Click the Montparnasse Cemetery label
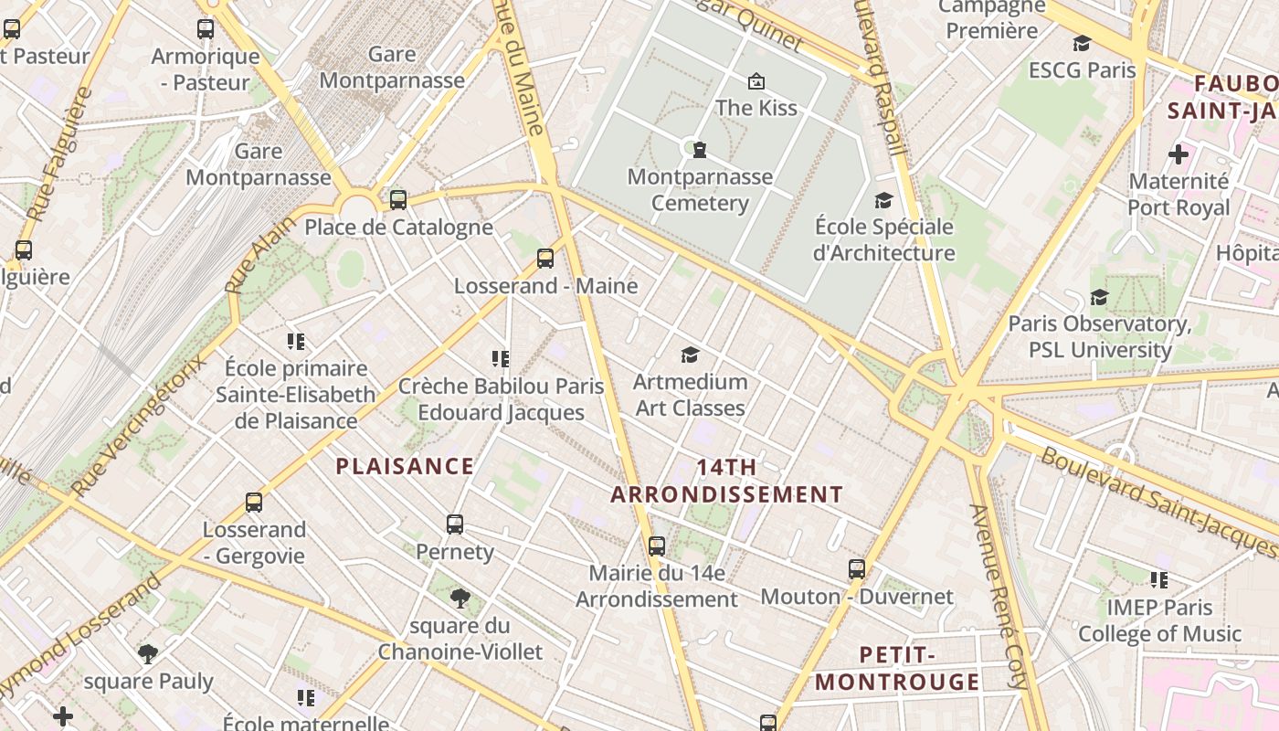(x=701, y=189)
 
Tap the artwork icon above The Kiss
(x=756, y=81)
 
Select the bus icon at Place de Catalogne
(x=398, y=199)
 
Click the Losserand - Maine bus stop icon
(x=545, y=259)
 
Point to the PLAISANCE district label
(x=405, y=466)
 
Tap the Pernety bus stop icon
(x=455, y=524)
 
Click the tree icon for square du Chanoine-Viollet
(x=460, y=599)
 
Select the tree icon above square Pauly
(x=147, y=653)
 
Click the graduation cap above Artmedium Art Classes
(x=690, y=355)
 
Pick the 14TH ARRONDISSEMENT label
(x=727, y=481)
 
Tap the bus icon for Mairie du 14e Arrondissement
(x=656, y=546)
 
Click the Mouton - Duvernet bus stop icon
(x=856, y=569)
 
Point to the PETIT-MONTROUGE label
(x=897, y=668)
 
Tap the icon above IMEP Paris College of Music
(x=1159, y=579)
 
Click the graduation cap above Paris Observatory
(x=1099, y=297)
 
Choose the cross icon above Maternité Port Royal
(x=1179, y=154)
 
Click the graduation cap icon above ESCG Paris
(x=1082, y=43)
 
